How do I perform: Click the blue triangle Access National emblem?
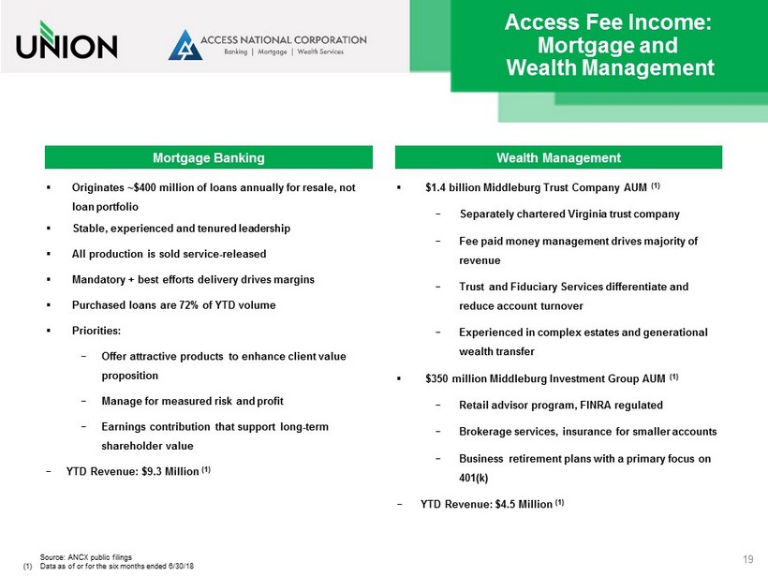pos(185,45)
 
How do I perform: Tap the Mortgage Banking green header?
pos(209,157)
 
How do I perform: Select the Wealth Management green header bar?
pos(557,157)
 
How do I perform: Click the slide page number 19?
pos(747,559)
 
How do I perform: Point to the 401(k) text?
pos(474,477)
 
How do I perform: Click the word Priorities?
pos(96,331)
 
